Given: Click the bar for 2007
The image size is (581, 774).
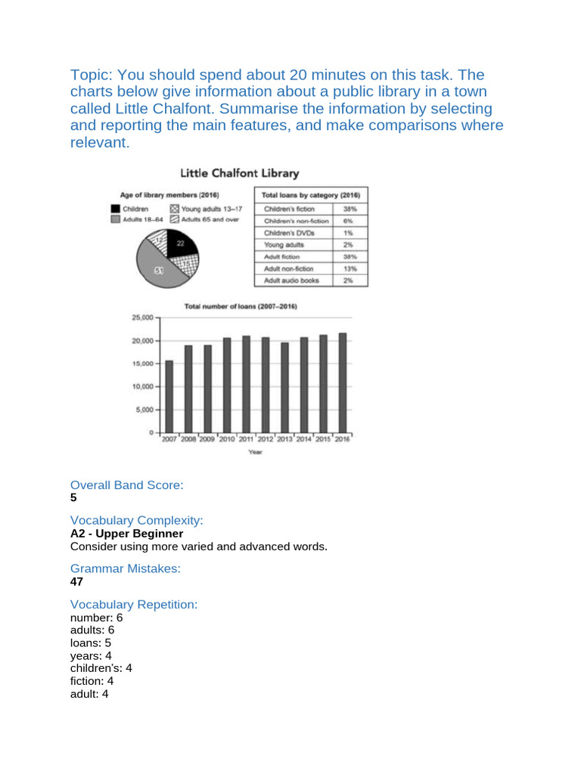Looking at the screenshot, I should (169, 396).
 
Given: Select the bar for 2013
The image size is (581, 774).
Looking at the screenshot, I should (284, 387).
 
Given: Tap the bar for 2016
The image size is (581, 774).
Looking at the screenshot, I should (343, 382).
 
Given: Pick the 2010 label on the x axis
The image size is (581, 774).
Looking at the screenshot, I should (227, 439).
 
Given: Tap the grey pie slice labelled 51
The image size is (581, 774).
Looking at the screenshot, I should (160, 270).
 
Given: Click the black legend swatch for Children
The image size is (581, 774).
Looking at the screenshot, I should (115, 208).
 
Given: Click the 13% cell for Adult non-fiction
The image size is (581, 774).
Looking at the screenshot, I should (350, 268).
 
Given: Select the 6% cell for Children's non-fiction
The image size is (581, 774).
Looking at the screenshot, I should (350, 220).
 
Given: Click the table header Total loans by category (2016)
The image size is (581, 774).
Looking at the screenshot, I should (310, 194).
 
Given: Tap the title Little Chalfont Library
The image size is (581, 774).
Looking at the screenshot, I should (239, 173).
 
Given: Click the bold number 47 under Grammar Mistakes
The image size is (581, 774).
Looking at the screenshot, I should (76, 582).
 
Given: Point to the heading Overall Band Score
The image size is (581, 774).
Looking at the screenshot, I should (126, 485).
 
